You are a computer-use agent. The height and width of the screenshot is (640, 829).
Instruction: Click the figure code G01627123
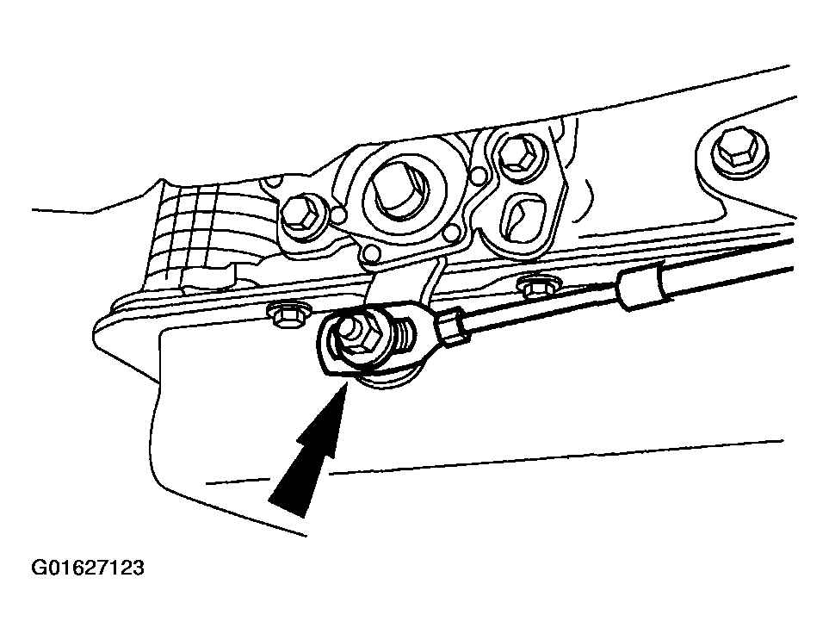point(88,568)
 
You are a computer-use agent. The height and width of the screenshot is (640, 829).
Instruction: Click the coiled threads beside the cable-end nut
point(404,335)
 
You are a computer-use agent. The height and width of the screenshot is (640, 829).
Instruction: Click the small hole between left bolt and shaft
point(340,214)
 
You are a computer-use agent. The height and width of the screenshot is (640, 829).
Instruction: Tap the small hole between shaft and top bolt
point(479,173)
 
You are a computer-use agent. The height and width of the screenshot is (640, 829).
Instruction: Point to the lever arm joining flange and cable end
point(405,289)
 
